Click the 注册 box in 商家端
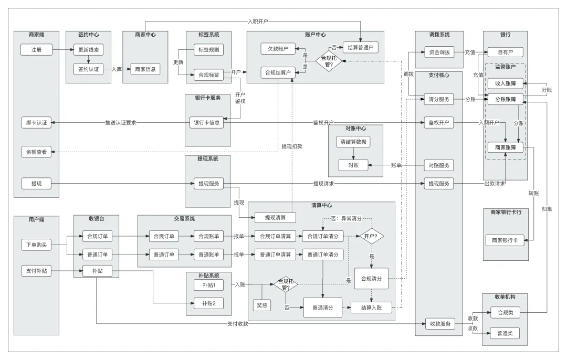(36, 50)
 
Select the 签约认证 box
(88, 69)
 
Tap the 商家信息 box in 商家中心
(145, 69)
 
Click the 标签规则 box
(209, 50)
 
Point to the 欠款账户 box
(278, 49)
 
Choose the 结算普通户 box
(360, 47)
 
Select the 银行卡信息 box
(206, 123)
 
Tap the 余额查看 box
(36, 152)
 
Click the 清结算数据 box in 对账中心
(353, 142)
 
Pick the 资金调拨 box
(439, 52)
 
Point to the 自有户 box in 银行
(505, 52)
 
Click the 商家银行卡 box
(505, 240)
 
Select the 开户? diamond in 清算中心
(371, 236)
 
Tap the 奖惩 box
(261, 304)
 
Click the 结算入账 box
(372, 308)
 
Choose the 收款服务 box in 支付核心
(439, 324)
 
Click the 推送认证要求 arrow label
(120, 123)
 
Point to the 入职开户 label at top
(258, 22)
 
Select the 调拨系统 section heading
(439, 35)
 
